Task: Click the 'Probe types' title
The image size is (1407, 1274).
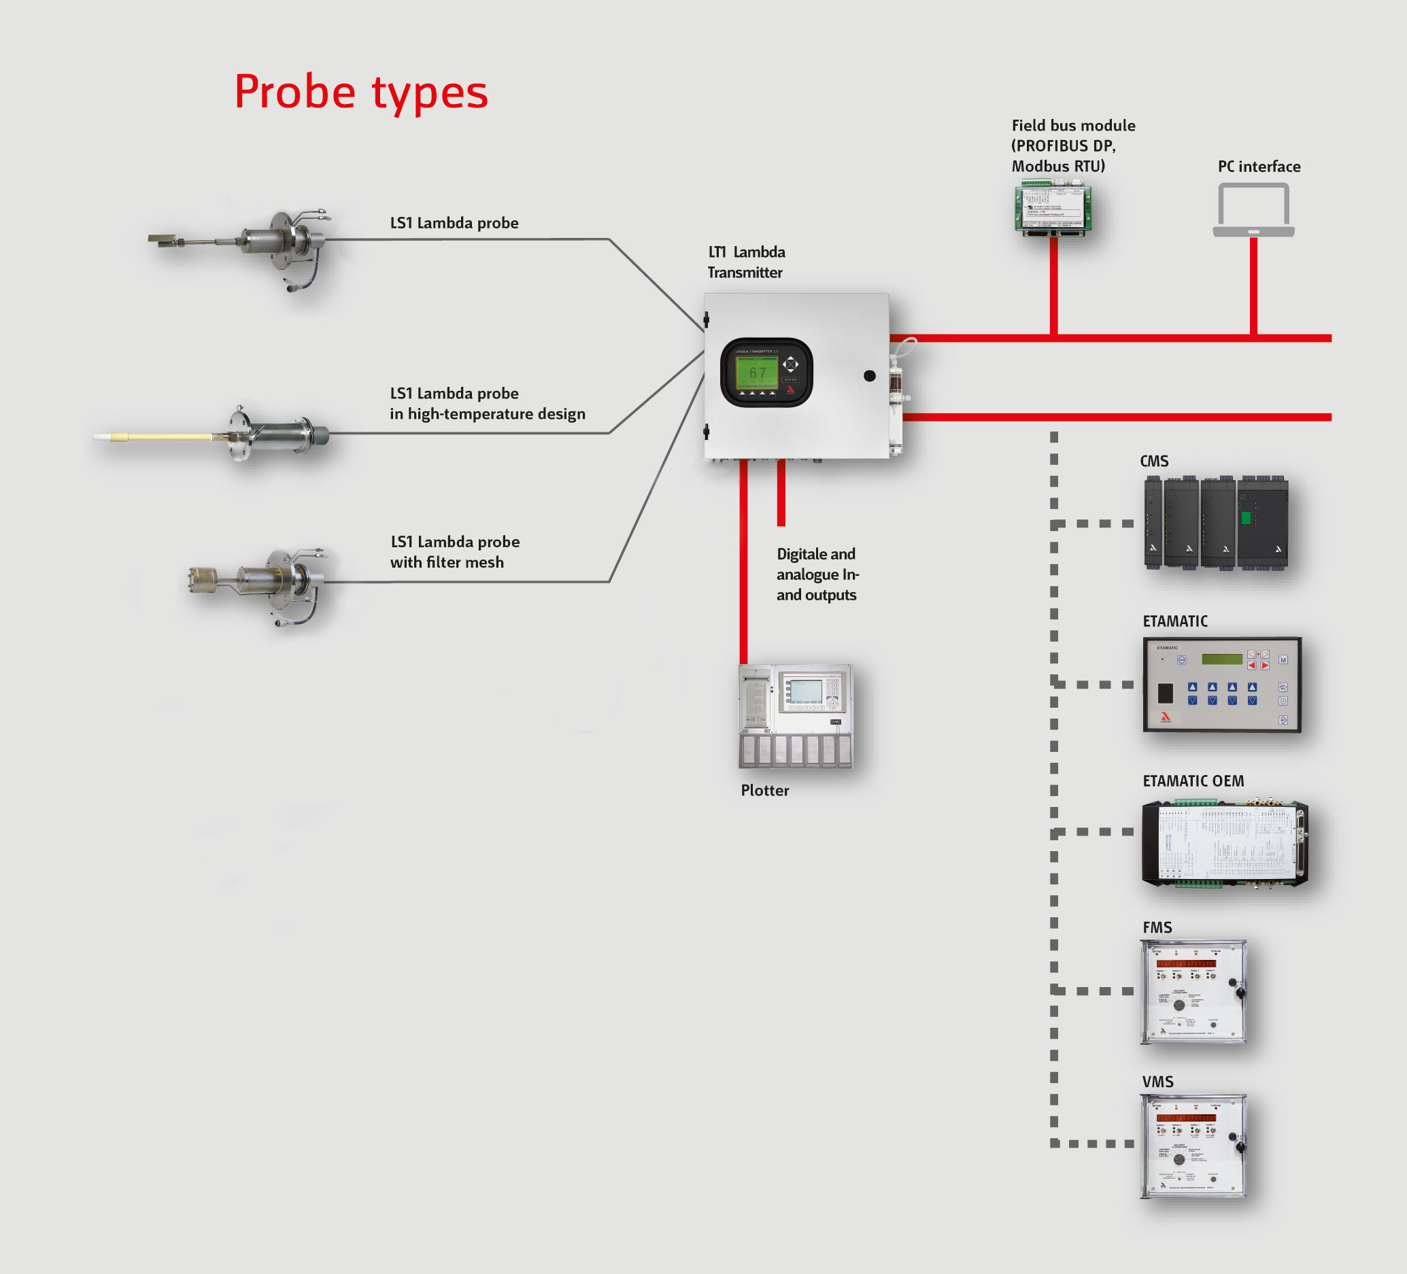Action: click(361, 92)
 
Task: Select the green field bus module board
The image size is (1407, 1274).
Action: click(1053, 209)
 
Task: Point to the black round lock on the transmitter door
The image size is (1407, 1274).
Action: click(870, 376)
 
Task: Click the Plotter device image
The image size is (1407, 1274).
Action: click(796, 716)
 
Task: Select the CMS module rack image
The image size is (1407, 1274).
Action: click(1216, 523)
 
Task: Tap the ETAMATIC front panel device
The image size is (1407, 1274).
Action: click(1221, 685)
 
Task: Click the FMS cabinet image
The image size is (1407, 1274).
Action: click(1193, 991)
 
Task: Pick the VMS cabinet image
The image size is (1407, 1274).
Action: click(1193, 1146)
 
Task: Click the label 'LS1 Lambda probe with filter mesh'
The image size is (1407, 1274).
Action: click(454, 552)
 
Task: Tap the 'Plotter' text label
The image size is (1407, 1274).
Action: click(765, 791)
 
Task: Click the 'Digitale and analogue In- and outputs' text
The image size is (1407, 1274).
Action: click(817, 574)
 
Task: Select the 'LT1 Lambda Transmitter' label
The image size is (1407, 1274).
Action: click(746, 262)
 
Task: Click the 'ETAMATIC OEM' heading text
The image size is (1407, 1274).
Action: click(1193, 780)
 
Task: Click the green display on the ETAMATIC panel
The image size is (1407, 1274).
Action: click(1221, 659)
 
